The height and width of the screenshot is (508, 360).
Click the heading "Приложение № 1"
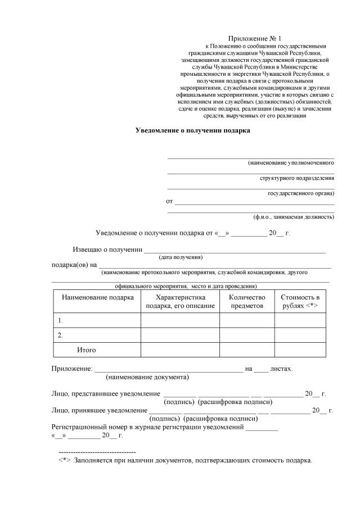[x=255, y=37]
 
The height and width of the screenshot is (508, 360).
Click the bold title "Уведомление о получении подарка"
[x=193, y=130]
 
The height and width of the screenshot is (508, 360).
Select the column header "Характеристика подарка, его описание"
[x=180, y=301]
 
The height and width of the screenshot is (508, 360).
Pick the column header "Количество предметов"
[x=247, y=301]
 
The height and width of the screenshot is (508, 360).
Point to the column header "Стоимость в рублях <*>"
[x=300, y=301]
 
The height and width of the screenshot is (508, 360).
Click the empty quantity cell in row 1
[x=247, y=320]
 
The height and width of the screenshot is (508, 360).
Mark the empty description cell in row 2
[x=180, y=335]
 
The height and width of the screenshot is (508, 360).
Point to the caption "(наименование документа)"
[x=147, y=377]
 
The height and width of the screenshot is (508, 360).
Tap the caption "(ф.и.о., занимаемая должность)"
[x=294, y=216]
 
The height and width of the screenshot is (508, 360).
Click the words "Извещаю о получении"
[x=107, y=250]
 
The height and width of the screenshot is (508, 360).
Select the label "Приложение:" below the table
[x=71, y=369]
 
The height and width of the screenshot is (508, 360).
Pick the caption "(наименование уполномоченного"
[x=291, y=162]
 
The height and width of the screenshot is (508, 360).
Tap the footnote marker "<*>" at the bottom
[x=64, y=461]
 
